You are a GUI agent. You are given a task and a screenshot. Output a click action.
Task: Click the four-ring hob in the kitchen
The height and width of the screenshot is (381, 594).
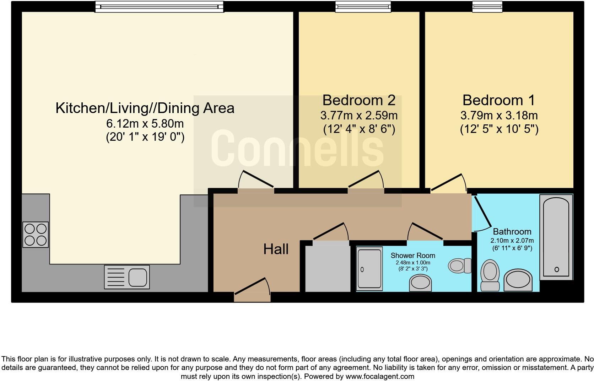(x=36, y=235)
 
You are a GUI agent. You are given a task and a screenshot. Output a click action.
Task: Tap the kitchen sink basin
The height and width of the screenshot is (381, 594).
(x=138, y=277)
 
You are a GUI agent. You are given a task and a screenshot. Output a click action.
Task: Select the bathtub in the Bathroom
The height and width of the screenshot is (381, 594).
(x=556, y=237)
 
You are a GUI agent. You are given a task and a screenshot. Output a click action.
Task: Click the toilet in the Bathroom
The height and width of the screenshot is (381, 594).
(x=490, y=275)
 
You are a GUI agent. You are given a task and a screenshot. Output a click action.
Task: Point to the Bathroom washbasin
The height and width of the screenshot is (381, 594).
(x=518, y=280)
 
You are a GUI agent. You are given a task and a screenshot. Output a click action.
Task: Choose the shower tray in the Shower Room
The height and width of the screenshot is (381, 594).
(x=369, y=269)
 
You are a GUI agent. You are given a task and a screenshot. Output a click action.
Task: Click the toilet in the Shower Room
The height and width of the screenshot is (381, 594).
(x=460, y=265)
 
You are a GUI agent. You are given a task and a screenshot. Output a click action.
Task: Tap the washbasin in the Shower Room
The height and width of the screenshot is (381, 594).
(x=420, y=283)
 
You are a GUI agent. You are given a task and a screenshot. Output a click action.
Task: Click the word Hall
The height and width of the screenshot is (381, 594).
(x=276, y=249)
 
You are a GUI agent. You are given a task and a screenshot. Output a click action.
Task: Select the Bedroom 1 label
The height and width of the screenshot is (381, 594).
(x=499, y=100)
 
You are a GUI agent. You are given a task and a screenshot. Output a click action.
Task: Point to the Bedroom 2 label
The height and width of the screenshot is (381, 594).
(x=359, y=100)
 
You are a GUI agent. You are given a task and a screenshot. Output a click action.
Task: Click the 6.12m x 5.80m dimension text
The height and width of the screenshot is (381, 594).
(x=145, y=123)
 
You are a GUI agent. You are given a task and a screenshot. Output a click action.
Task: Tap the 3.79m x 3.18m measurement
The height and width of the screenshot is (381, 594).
(x=499, y=116)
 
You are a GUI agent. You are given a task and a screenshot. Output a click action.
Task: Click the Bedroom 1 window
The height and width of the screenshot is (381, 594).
(x=487, y=7)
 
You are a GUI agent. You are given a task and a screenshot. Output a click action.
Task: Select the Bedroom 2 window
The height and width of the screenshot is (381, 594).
(x=363, y=7)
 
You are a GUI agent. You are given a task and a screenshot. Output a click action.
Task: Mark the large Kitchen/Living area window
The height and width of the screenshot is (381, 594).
(x=160, y=7)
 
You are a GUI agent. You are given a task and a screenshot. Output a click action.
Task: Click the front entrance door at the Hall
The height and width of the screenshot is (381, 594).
(x=252, y=290)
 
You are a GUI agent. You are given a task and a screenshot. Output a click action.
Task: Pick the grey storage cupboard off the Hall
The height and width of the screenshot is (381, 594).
(x=328, y=268)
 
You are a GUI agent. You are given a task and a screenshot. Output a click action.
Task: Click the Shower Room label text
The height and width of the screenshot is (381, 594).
(x=413, y=256)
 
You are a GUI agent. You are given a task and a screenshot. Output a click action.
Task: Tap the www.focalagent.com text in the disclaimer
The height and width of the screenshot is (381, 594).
(x=380, y=376)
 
